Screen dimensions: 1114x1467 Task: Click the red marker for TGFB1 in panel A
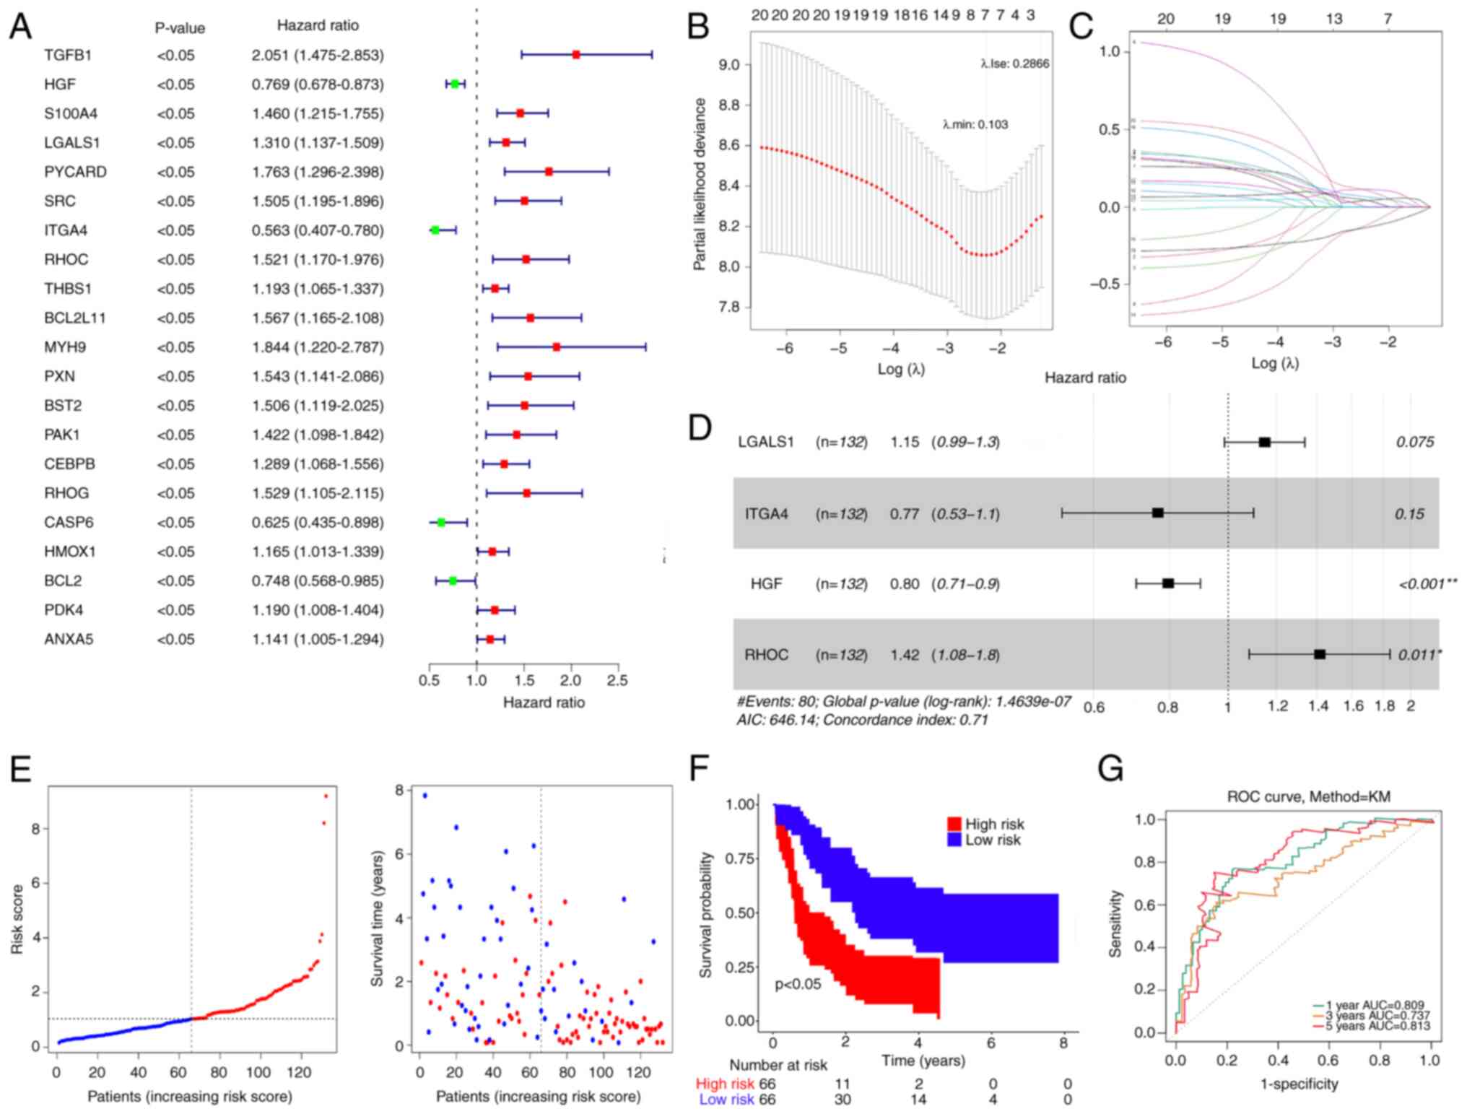click(x=575, y=54)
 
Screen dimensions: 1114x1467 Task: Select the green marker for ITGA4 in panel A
click(x=435, y=230)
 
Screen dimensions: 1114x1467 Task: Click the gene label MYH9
click(x=65, y=347)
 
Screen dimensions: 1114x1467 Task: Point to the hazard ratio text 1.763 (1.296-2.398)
click(x=318, y=172)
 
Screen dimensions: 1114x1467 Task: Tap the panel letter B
click(x=698, y=27)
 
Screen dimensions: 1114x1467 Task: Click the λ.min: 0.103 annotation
click(x=975, y=124)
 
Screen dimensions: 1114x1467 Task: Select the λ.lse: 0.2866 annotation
click(x=1014, y=64)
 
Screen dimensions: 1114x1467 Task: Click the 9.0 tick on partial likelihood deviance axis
click(x=729, y=65)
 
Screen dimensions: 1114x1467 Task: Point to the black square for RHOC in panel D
click(x=1320, y=654)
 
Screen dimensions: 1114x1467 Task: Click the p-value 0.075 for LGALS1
click(x=1414, y=442)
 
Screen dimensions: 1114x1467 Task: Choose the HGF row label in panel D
click(x=766, y=583)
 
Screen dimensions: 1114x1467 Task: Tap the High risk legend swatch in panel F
click(x=954, y=824)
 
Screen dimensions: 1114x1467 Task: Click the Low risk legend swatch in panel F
click(x=954, y=840)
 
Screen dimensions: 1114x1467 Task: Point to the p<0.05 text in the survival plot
click(x=798, y=984)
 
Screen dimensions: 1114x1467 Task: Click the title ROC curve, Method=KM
click(x=1308, y=796)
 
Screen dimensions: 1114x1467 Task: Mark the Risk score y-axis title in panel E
click(x=17, y=919)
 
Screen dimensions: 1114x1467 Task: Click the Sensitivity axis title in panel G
click(x=1115, y=923)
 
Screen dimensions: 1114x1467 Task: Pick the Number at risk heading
click(x=778, y=1065)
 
